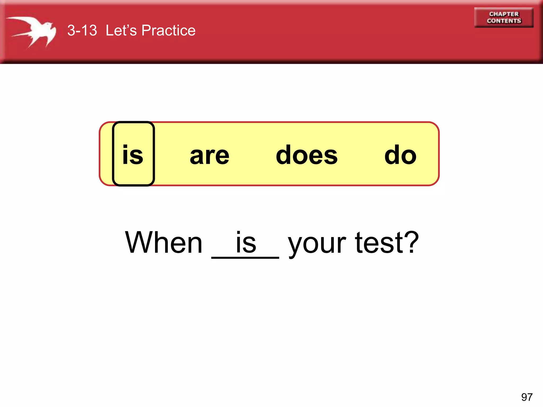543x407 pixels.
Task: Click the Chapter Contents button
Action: [x=504, y=17]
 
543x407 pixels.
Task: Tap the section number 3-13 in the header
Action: [x=82, y=30]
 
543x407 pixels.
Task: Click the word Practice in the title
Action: [x=168, y=30]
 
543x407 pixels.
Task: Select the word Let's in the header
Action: [x=121, y=30]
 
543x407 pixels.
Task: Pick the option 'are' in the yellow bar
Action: [x=209, y=156]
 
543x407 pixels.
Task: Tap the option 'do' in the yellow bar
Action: [x=400, y=155]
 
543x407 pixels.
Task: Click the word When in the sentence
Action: [x=164, y=242]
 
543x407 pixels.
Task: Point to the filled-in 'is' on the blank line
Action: [x=246, y=242]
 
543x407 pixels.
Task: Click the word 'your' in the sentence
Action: [x=317, y=244]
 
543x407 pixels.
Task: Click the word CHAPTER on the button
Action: [x=504, y=14]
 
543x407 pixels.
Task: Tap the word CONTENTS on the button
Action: [x=504, y=21]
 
